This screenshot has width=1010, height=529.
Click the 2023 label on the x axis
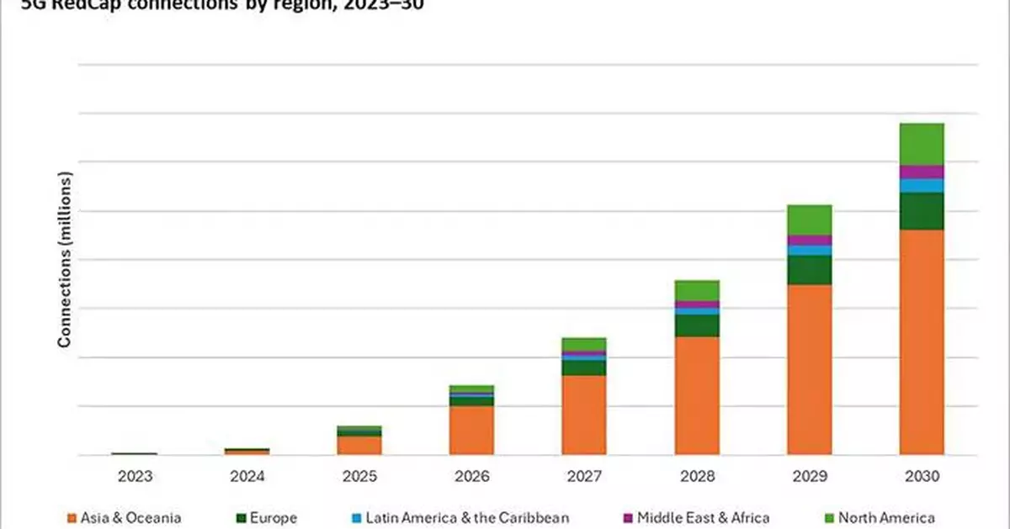pos(135,476)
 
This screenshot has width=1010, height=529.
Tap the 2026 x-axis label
pos(471,476)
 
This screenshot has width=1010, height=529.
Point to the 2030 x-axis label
pos(921,476)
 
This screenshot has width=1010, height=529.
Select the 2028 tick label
pos(696,476)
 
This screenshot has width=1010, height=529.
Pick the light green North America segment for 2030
pos(922,144)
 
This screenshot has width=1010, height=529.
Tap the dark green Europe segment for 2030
pos(922,211)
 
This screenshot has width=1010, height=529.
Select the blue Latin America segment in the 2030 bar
pos(922,186)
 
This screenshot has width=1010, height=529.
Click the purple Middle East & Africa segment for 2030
pos(922,172)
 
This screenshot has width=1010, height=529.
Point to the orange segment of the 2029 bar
pos(809,369)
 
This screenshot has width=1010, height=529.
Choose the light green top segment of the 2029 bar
pos(809,220)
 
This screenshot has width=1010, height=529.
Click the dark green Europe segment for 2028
pos(697,325)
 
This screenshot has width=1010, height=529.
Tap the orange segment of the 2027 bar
pos(584,415)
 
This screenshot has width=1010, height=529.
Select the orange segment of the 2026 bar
pos(471,430)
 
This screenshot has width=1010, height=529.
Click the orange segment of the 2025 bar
pos(359,445)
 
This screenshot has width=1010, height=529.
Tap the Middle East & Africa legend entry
pos(696,518)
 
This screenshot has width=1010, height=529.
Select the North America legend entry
pos(884,518)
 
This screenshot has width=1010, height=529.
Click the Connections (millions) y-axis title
pos(64,259)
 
